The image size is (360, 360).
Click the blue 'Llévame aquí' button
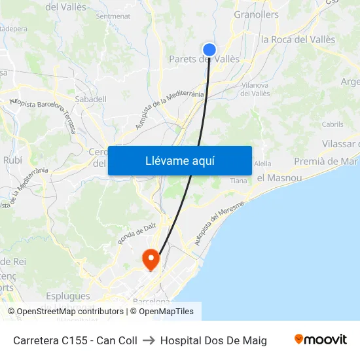[x=179, y=160]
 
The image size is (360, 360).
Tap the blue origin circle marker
[x=209, y=49]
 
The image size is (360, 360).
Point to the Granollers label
[x=256, y=14]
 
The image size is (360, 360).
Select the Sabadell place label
[x=91, y=99]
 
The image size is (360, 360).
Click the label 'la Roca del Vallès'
[x=298, y=39]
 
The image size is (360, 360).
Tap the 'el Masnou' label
[x=278, y=177]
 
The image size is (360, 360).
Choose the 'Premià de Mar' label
[x=326, y=161]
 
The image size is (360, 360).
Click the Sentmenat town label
[x=113, y=16]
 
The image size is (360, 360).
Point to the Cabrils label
[x=333, y=124]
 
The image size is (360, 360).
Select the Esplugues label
[x=68, y=296]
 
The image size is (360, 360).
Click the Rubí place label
[x=12, y=160]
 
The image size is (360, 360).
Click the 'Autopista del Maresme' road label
[x=219, y=224]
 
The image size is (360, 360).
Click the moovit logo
[x=320, y=340]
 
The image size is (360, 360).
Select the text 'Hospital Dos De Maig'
[x=213, y=340]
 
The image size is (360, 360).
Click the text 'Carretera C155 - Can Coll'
[x=75, y=340]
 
